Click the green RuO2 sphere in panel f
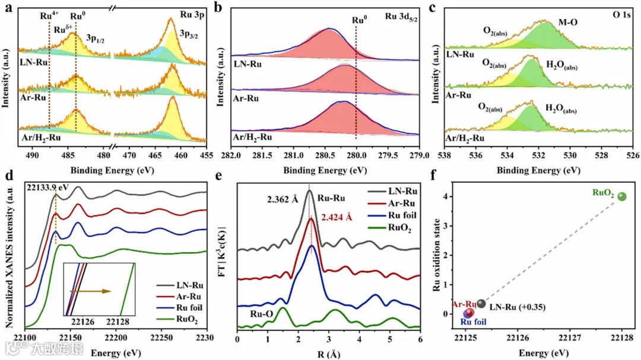pyautogui.click(x=621, y=197)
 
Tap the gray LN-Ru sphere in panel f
pyautogui.click(x=481, y=304)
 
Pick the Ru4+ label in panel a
pyautogui.click(x=49, y=17)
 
